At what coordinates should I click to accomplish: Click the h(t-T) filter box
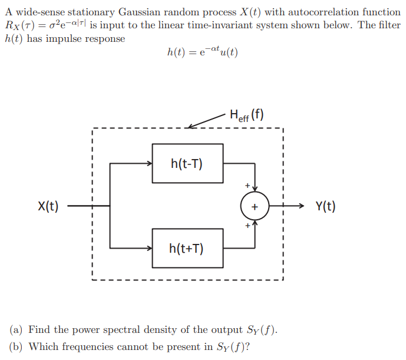(x=187, y=163)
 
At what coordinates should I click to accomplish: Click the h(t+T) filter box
(x=187, y=248)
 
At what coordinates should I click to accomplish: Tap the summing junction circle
(x=254, y=207)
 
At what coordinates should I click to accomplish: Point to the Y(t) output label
(x=325, y=207)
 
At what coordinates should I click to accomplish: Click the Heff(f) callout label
(x=246, y=115)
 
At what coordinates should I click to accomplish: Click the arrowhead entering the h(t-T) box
(x=149, y=164)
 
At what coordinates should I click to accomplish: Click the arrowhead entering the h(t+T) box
(x=149, y=248)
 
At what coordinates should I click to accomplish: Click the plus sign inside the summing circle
(x=254, y=207)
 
